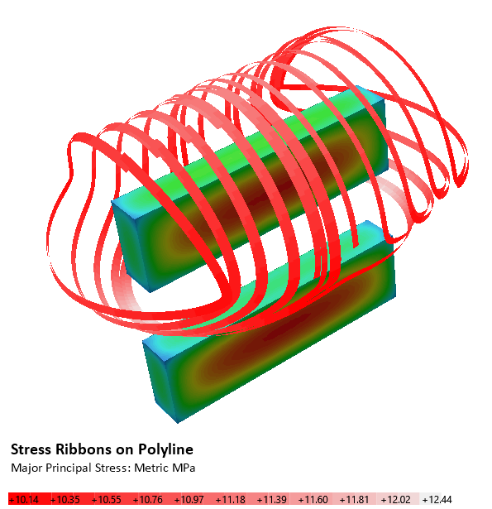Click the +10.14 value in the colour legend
coord(23,499)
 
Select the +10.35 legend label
coord(64,499)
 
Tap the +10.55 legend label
coord(106,499)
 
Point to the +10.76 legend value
coord(147,499)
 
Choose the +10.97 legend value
coord(189,499)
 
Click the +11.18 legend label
coord(230,499)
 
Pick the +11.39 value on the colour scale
coord(271,499)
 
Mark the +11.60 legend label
coord(313,499)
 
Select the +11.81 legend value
coord(354,499)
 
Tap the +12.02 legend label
coord(396,499)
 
